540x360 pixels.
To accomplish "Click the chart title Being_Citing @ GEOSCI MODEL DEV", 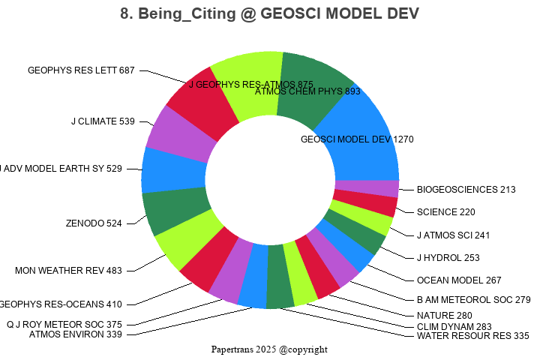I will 269,14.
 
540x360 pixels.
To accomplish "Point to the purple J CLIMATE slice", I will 176,135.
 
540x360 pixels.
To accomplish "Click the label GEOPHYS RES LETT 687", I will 81,70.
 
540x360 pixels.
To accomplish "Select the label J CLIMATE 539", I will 103,121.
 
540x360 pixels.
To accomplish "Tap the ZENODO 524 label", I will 94,223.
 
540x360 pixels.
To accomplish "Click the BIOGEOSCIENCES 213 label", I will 466,190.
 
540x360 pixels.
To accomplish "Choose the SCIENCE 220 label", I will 446,212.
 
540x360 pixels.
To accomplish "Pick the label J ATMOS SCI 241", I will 453,235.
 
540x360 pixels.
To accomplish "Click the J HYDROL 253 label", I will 448,258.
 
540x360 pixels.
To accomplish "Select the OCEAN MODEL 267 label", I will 459,280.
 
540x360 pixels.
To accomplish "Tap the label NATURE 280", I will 445,316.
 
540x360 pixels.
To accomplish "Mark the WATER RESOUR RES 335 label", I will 472,336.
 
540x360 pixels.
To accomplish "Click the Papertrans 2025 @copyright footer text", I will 269,349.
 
